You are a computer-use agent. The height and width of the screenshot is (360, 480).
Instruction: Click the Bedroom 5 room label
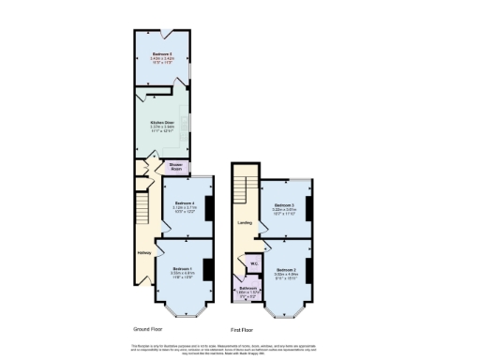(162, 54)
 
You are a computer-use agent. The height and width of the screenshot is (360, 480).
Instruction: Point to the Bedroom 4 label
(184, 202)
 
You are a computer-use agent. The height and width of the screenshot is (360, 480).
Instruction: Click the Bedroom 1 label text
(183, 269)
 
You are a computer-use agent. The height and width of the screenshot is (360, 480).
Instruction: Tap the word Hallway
(144, 251)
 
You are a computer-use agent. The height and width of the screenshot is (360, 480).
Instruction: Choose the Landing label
(244, 223)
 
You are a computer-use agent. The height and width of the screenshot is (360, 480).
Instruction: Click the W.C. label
(253, 262)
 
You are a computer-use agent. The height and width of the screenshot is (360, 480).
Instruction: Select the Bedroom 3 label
(285, 204)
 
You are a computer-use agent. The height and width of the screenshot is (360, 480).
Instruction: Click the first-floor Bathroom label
(247, 288)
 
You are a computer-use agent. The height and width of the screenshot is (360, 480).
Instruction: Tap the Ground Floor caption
(151, 329)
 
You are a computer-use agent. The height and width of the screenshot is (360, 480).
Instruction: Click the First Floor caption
(242, 329)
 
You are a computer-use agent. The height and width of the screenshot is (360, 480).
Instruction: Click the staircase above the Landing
(244, 187)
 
